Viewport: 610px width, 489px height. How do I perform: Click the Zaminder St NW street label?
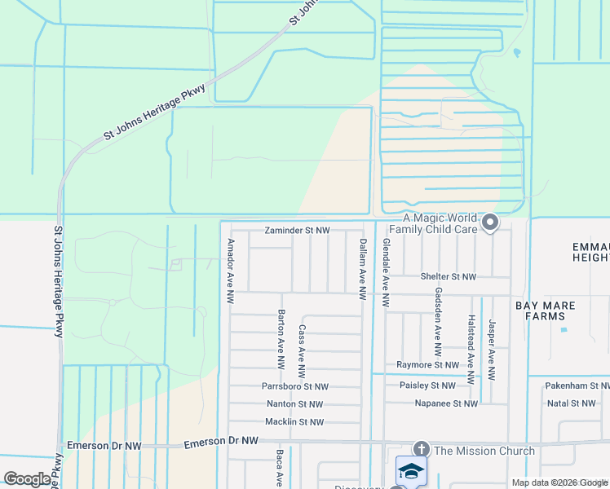(297, 231)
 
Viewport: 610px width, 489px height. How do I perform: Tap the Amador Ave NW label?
(231, 272)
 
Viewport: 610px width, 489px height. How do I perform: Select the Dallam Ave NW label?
(363, 263)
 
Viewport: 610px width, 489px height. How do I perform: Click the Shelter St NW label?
(448, 277)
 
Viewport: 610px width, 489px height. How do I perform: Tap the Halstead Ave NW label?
(471, 350)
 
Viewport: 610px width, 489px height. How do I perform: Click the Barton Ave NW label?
(281, 337)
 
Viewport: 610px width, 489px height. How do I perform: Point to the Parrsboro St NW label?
(295, 386)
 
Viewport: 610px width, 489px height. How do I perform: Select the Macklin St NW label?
(294, 422)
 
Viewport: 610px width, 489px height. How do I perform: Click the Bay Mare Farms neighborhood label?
(545, 311)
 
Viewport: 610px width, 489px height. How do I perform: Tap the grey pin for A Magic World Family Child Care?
(490, 222)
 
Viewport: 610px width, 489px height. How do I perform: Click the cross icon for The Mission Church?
(421, 449)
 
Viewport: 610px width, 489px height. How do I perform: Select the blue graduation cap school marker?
(411, 471)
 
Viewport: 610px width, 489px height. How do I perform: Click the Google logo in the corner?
(27, 479)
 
